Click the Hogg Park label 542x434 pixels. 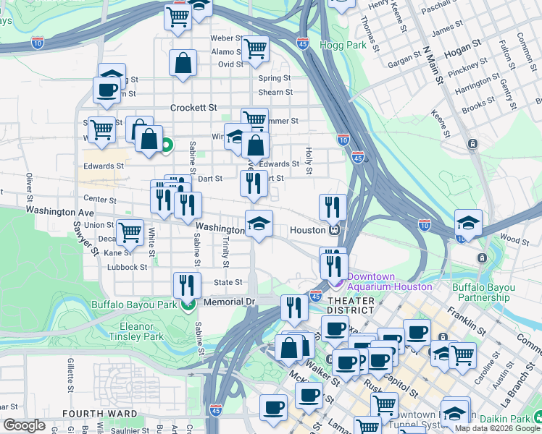coord(343,45)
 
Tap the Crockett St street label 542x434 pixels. coord(193,107)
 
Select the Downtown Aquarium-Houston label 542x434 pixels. coord(389,281)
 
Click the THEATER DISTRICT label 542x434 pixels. coord(350,305)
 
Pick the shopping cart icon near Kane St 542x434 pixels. coord(130,232)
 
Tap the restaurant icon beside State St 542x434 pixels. coord(187,284)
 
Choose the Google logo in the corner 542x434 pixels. coord(24,425)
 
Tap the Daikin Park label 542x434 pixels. coord(512,418)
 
